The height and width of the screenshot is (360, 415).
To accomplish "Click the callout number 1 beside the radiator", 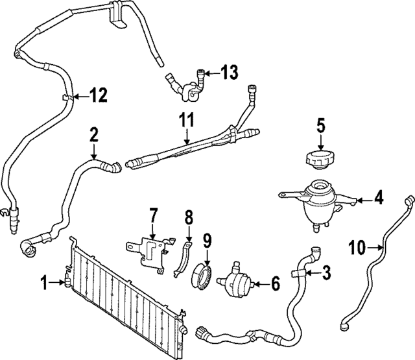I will [44, 282].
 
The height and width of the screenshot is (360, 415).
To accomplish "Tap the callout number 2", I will [94, 135].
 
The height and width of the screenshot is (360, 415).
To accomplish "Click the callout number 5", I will [320, 123].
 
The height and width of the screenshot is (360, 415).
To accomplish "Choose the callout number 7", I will [154, 214].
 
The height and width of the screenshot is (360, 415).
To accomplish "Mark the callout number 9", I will [207, 241].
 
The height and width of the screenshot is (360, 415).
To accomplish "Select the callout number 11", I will [187, 121].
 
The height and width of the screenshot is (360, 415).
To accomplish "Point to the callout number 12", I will [97, 97].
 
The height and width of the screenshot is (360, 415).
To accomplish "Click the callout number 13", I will [229, 73].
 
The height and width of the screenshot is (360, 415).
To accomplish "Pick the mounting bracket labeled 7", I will [150, 248].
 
